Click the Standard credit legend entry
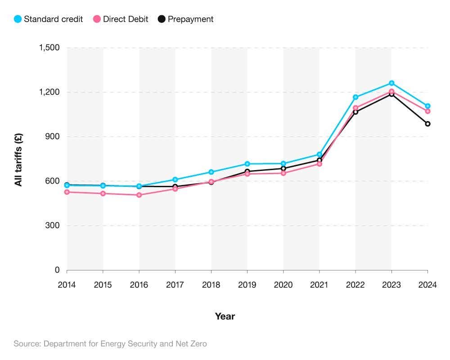[48, 19]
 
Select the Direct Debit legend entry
[120, 19]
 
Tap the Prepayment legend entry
[185, 19]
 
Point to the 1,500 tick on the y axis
[50, 48]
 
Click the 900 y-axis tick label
[54, 136]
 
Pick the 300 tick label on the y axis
[54, 225]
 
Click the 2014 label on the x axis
[67, 285]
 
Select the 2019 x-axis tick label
[247, 285]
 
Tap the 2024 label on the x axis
[427, 285]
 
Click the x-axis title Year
[225, 316]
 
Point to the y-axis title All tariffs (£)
[18, 159]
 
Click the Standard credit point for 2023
[391, 83]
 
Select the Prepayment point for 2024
[427, 124]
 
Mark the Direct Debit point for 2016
[139, 195]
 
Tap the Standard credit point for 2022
[355, 97]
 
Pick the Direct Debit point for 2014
[67, 192]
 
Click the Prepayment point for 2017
[175, 186]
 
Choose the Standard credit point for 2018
[211, 172]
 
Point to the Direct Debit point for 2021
[319, 164]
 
